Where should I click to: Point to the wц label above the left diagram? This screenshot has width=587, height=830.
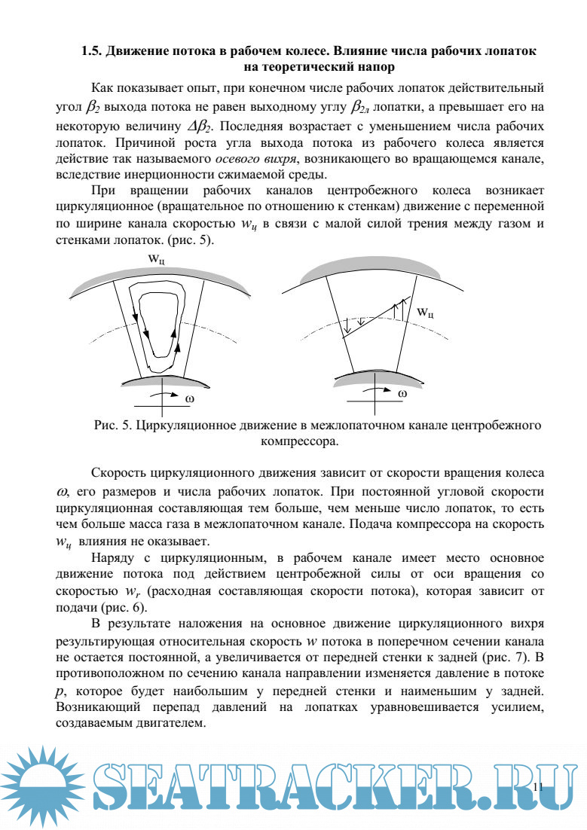(157, 260)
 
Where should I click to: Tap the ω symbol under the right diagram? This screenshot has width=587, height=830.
(402, 393)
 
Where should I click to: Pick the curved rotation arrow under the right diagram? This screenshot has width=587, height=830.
(377, 392)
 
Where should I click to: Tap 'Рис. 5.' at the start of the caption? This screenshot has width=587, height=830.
(114, 426)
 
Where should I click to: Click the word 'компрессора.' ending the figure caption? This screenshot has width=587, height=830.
(299, 442)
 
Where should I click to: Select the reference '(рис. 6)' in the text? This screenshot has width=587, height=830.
(124, 608)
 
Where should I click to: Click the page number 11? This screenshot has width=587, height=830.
(537, 786)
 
